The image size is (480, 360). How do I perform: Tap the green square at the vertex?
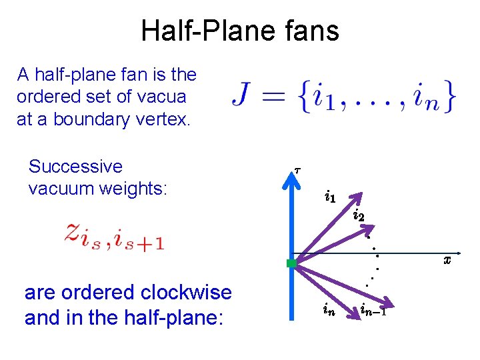coord(291,263)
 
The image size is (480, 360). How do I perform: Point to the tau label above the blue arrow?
coord(297,170)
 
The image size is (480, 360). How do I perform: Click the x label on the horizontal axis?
coord(447,260)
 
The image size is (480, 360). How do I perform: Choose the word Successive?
coord(75,166)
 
